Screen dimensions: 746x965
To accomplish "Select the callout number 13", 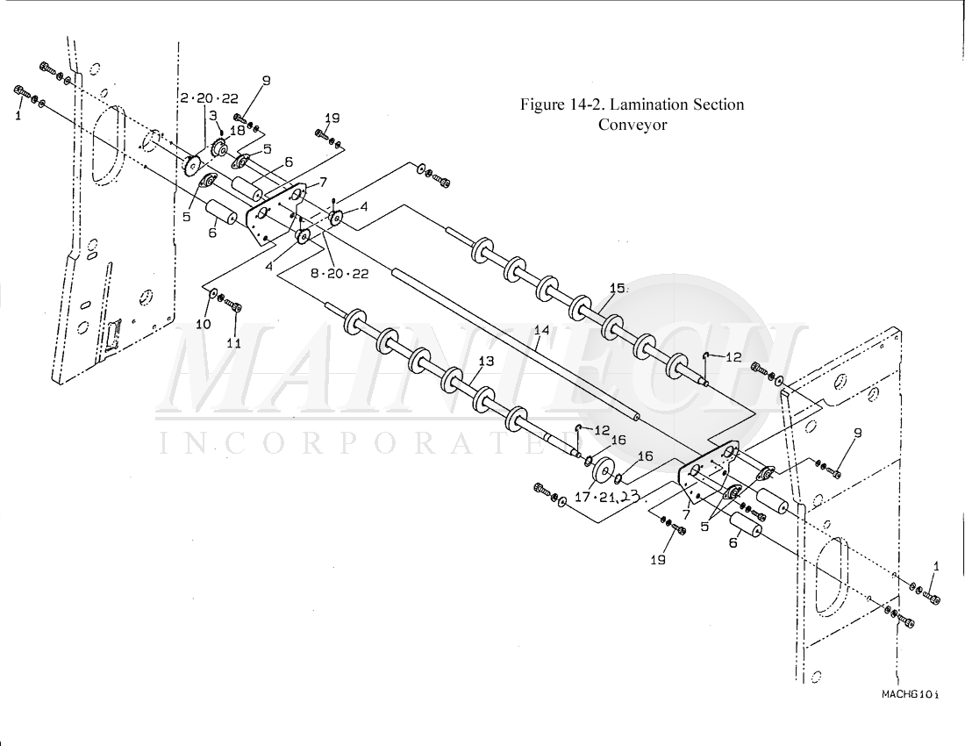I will pos(486,361).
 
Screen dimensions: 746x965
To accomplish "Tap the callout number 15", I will pos(618,288).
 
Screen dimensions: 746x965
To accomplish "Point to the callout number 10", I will pos(203,324).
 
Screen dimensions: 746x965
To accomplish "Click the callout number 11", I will pos(233,343).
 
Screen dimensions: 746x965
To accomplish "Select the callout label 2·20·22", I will pos(209,97).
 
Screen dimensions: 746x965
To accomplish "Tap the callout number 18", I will pos(238,130).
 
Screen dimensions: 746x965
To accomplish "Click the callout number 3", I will pos(212,114).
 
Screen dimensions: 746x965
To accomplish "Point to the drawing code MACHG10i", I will pos(910,694).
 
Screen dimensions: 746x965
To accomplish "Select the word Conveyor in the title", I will pos(633,125).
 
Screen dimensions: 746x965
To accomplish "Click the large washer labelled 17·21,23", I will pos(603,473).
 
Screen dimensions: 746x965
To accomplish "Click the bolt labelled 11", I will pos(234,306).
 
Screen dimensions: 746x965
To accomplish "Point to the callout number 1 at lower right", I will pos(935,567).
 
